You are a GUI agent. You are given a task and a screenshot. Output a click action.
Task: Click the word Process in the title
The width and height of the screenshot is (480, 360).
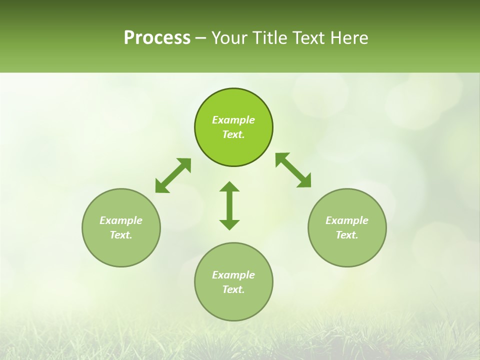point(157,38)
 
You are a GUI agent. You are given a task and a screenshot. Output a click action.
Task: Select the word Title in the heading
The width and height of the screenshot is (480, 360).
point(270,38)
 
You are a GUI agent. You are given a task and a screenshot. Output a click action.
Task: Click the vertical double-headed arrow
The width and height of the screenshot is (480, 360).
point(229,205)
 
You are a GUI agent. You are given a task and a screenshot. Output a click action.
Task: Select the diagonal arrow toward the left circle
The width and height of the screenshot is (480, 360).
point(173,175)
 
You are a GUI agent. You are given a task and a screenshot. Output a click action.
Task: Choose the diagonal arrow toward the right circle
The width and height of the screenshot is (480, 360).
point(293,170)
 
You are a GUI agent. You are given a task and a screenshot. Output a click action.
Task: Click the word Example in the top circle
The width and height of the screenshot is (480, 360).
point(233,120)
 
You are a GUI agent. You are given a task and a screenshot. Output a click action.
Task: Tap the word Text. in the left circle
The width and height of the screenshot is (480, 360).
point(121,235)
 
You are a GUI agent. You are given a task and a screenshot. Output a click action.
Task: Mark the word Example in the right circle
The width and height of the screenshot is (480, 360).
point(347,220)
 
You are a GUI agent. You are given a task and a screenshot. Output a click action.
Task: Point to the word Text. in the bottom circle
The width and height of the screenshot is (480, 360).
point(233,289)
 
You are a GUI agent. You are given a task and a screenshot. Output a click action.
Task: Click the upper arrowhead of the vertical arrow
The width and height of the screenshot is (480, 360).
point(229,187)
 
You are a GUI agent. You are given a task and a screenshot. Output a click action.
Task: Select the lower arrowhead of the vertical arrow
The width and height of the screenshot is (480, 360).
point(229,224)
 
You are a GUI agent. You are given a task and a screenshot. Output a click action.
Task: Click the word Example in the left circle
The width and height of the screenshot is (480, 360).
point(121,220)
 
